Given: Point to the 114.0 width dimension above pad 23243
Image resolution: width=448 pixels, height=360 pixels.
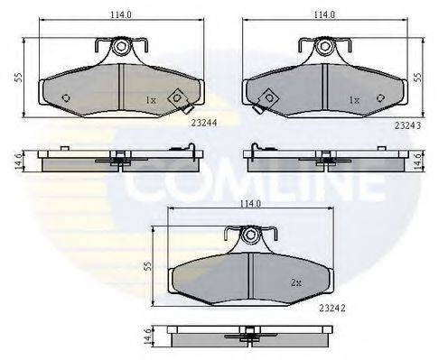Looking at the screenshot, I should point(322,15).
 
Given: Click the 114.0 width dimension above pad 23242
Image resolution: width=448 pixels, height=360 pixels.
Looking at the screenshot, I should point(250,204).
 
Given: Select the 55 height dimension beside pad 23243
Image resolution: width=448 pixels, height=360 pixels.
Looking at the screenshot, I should point(416,78).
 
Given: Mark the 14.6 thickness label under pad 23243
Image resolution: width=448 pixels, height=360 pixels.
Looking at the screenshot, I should point(416,161).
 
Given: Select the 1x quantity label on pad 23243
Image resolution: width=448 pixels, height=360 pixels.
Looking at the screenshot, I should point(354,99).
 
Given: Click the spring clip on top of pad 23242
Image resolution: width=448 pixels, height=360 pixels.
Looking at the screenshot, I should point(251,236).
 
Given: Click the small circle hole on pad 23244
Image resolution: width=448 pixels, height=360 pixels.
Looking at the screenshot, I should point(64,98).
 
